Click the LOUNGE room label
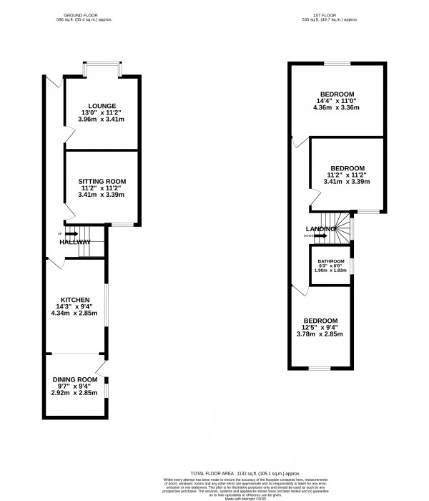[100, 106]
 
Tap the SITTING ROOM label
[100, 183]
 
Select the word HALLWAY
[75, 242]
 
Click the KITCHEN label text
[74, 299]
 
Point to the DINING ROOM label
[74, 379]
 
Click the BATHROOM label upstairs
[331, 261]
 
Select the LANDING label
[319, 228]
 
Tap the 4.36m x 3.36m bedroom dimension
[335, 108]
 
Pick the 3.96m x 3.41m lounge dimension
[100, 120]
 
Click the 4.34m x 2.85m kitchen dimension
[74, 313]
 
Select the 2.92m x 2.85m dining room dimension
[74, 394]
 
